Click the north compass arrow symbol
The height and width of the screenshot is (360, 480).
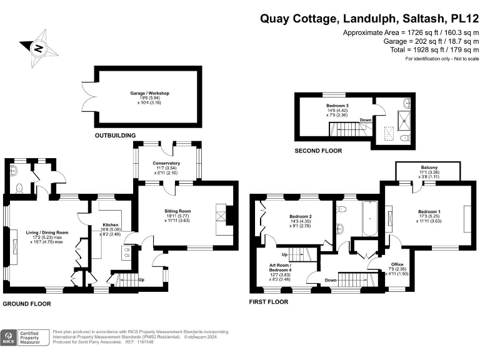pyautogui.click(x=39, y=47)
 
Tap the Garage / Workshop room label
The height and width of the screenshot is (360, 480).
pyautogui.click(x=149, y=93)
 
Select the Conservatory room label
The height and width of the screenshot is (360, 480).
pyautogui.click(x=166, y=164)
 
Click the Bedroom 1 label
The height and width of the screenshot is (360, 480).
pyautogui.click(x=429, y=212)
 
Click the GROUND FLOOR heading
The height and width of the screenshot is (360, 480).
pyautogui.click(x=26, y=304)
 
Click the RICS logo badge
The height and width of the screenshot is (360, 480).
pyautogui.click(x=9, y=337)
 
